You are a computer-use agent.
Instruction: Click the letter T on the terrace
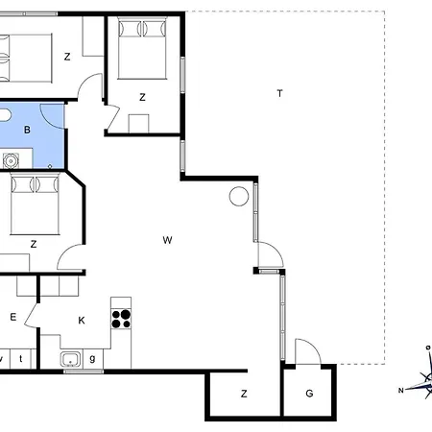280,93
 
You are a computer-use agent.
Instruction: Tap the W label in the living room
167,240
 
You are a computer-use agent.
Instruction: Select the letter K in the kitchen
82,321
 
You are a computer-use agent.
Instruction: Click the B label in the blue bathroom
27,130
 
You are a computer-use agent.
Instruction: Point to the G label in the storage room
309,394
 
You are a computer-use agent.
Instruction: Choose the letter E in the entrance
12,317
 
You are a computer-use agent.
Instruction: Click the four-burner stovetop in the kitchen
121,319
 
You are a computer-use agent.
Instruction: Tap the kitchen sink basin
71,359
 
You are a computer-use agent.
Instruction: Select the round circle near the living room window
239,196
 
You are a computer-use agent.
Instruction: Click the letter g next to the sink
92,358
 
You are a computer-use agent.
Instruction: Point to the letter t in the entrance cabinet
21,358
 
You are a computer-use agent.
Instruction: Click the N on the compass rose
400,390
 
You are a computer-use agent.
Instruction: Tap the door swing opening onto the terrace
275,251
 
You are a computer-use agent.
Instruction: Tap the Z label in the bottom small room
244,394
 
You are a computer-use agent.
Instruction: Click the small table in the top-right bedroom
138,124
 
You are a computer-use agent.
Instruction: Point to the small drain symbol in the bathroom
50,166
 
